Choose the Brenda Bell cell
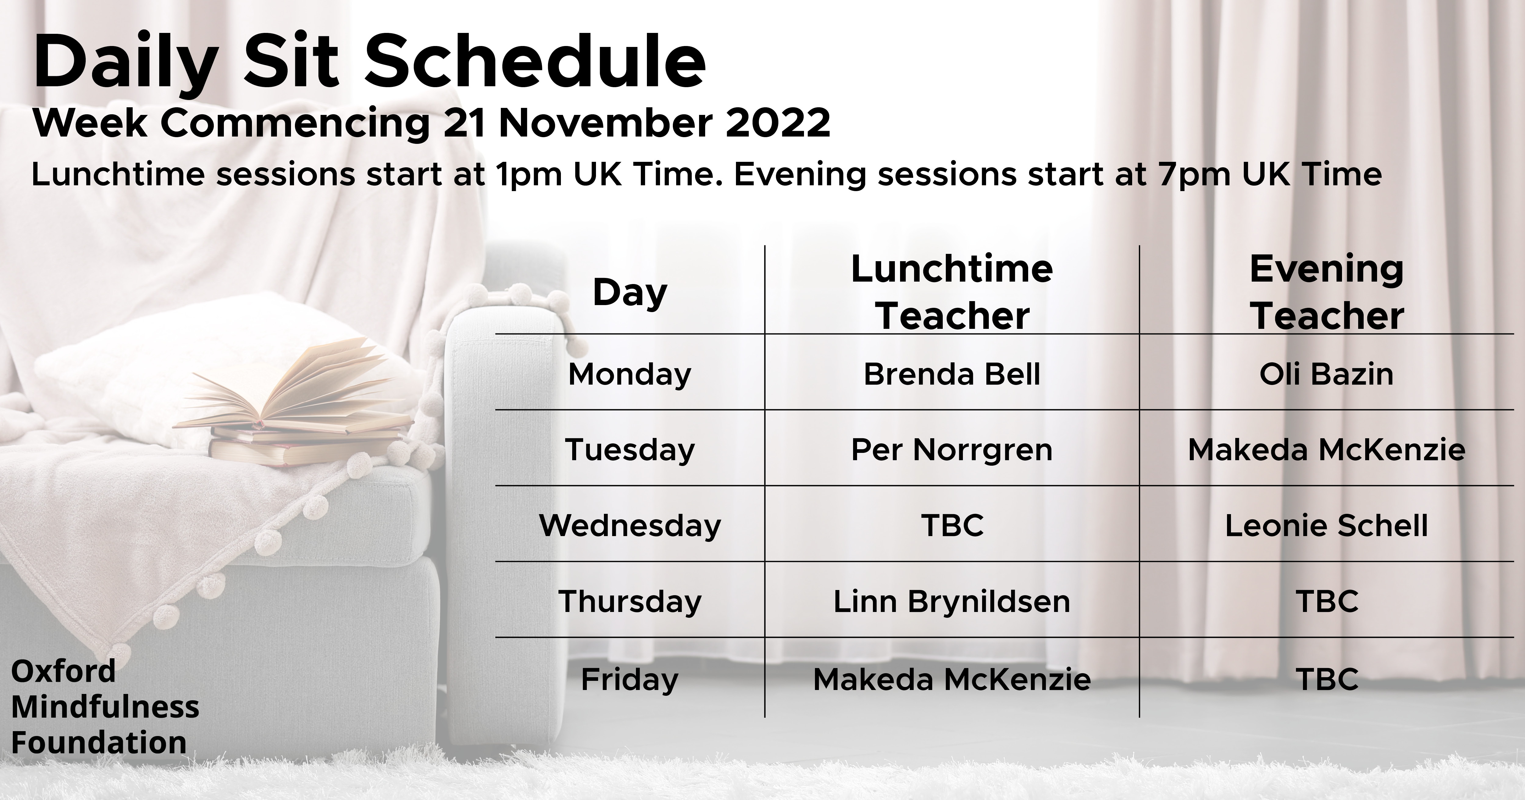[952, 374]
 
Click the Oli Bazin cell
[1327, 374]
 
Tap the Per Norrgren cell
[952, 450]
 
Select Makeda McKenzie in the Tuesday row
[1327, 450]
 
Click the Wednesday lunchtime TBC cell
[952, 525]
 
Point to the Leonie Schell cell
[1327, 525]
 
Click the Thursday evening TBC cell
[1327, 601]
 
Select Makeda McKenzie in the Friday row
[952, 679]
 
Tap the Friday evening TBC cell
[1327, 679]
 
